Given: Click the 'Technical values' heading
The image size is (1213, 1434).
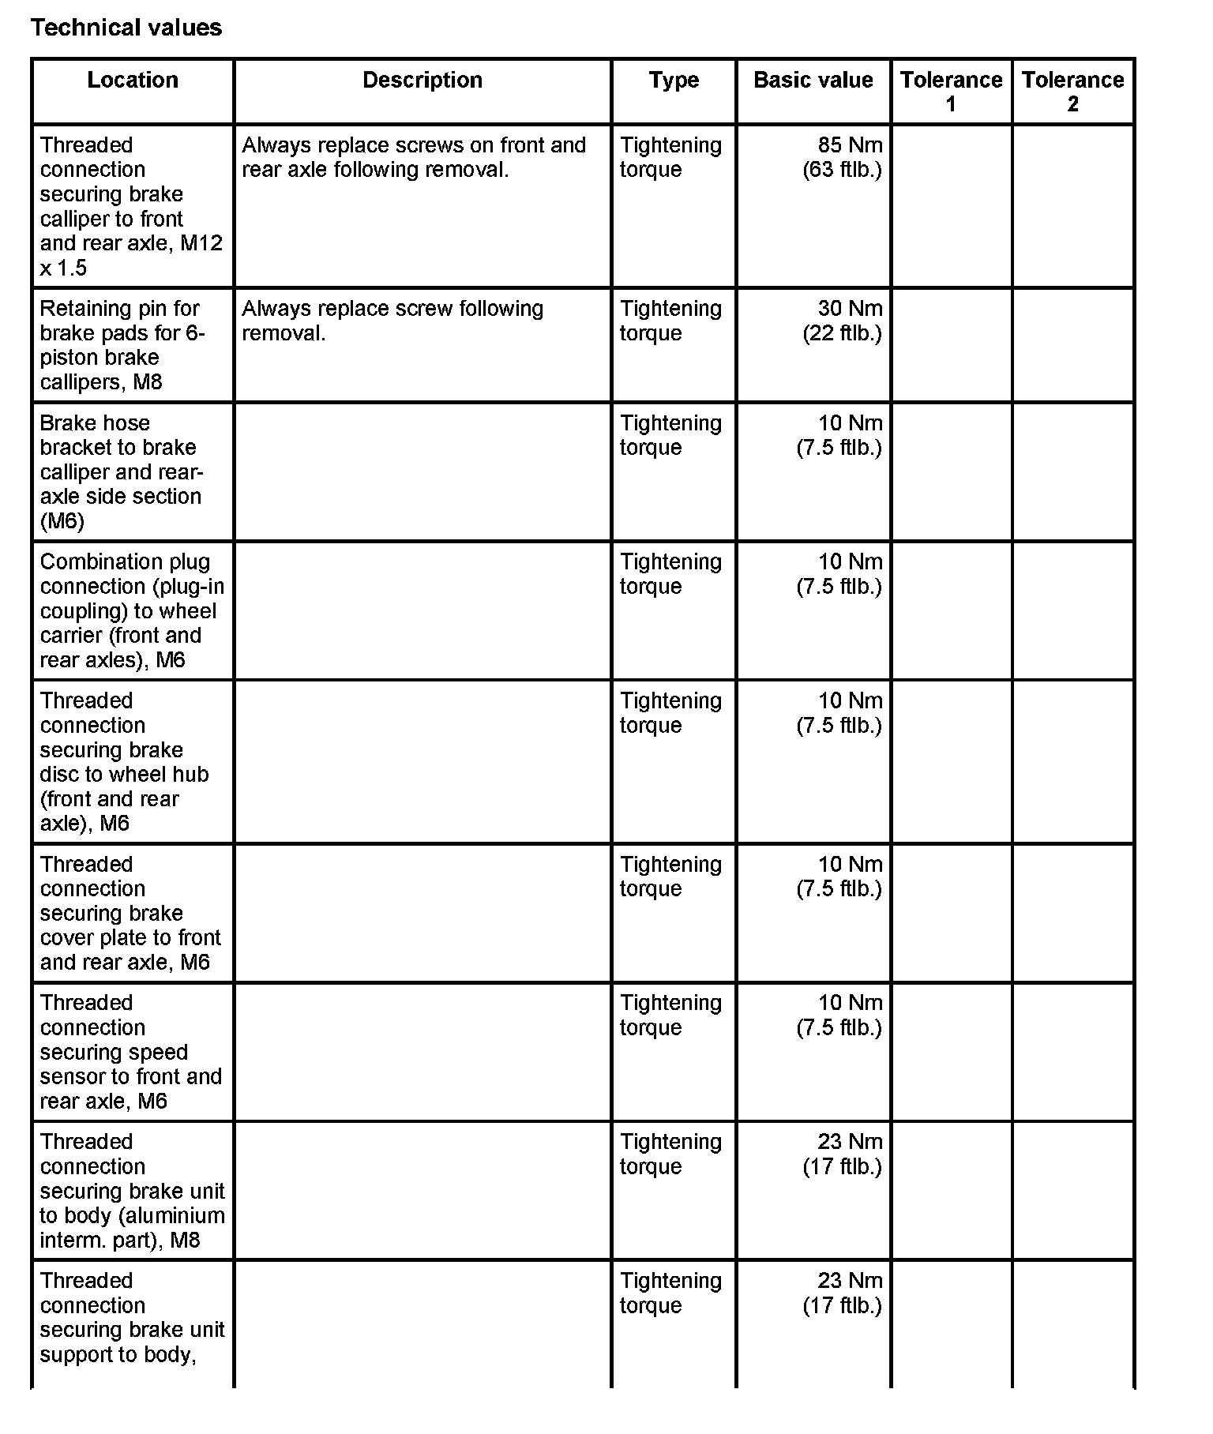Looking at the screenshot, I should tap(126, 28).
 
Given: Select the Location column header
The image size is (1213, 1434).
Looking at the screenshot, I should tap(133, 80).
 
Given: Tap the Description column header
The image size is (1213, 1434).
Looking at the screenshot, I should tap(422, 80).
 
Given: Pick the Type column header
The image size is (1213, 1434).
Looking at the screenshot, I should tap(674, 80).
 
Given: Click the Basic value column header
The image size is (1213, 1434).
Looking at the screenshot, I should tap(813, 80).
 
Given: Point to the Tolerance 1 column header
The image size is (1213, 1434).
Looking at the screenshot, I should tap(951, 92).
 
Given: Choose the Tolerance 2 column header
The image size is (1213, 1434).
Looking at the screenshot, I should tap(1072, 92).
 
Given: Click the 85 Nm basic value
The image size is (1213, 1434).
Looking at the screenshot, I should tap(850, 145).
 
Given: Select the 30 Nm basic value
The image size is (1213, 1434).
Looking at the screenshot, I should tap(850, 308).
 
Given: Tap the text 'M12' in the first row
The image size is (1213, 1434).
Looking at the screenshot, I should tap(201, 243).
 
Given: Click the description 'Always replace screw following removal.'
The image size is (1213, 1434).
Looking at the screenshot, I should tap(392, 320).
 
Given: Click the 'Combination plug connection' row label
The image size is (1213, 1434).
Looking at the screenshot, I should tap(125, 561).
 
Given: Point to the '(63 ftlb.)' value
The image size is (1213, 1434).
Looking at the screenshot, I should tap(842, 170).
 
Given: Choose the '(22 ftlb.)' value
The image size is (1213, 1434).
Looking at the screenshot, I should tap(842, 332).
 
